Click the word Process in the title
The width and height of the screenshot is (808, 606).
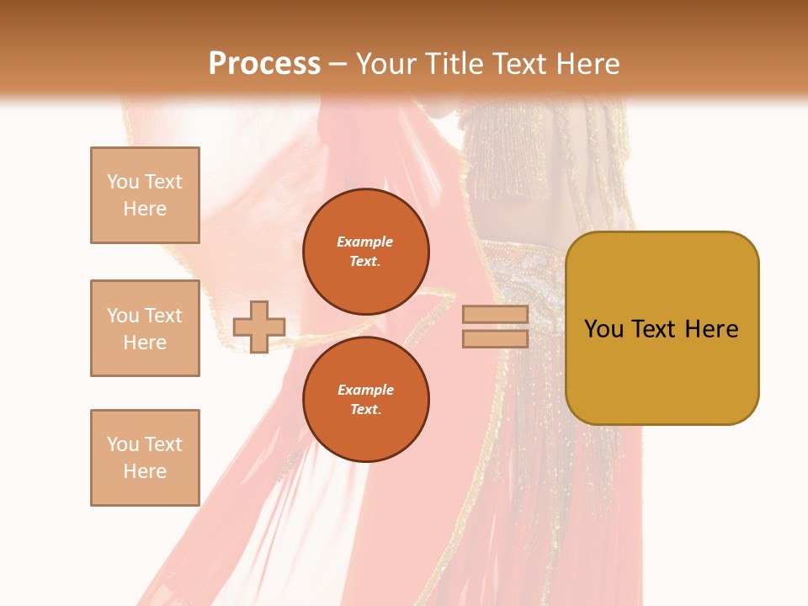[x=264, y=64]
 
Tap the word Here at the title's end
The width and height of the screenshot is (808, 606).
[x=586, y=64]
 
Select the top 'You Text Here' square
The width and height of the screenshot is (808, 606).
[x=145, y=195]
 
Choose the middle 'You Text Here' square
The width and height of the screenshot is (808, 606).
[x=145, y=328]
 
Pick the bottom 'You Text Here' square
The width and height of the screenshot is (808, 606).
[x=145, y=458]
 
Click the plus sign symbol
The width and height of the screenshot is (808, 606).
[x=259, y=327]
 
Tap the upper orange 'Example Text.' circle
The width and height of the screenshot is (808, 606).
[x=366, y=252]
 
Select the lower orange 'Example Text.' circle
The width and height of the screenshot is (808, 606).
[x=366, y=400]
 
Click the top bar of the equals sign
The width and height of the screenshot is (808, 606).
[x=495, y=315]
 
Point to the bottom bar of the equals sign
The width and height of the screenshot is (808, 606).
[x=495, y=339]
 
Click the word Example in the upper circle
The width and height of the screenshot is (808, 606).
[x=364, y=242]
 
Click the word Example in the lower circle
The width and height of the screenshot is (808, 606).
[x=365, y=390]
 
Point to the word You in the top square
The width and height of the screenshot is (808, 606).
[x=122, y=182]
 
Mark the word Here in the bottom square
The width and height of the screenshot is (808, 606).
[x=145, y=471]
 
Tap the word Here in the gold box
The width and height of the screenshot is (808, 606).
[x=711, y=329]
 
